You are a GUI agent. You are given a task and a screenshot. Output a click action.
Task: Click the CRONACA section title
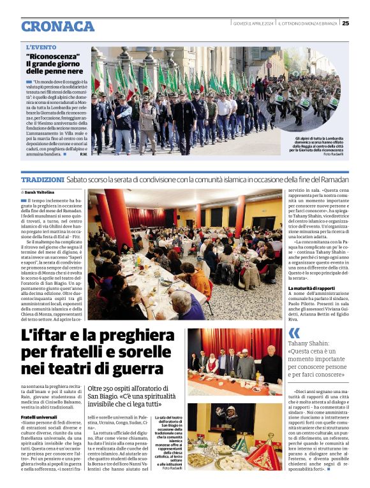(x=57, y=25)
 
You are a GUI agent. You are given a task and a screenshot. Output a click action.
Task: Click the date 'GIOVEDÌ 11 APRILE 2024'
(x=254, y=24)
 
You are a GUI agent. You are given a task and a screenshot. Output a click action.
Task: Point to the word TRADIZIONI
(x=47, y=181)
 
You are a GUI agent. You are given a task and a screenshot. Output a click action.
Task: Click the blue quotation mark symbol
(x=294, y=332)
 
